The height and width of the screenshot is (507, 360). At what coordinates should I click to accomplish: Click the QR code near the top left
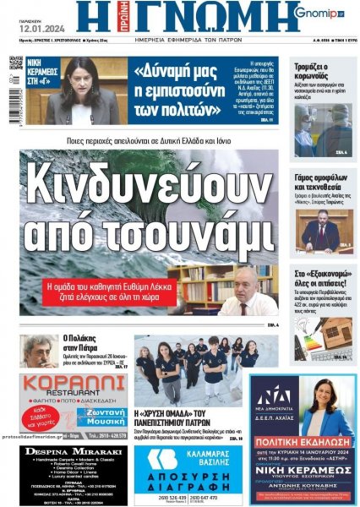pos(15,64)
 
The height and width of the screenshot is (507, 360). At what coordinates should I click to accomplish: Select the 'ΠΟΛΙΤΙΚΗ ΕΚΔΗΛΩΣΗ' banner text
pos(302,442)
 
